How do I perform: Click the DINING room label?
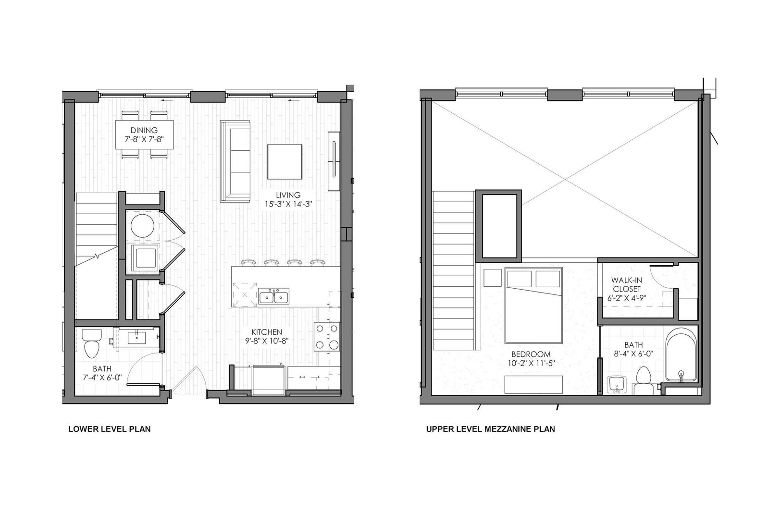coord(144,131)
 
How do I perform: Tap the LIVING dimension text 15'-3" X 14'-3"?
coord(288,204)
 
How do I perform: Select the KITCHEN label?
coord(267,332)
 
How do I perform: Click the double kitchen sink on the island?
coord(273,296)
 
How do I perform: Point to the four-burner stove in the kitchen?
coord(327,336)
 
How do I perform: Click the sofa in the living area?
coord(235,161)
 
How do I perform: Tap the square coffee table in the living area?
coord(285,162)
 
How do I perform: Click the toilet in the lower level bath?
coord(92,343)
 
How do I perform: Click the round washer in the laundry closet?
coord(142,225)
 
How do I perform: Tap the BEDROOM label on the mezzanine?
coord(531,354)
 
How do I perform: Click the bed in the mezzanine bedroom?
coord(533,305)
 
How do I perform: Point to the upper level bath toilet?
coord(644,380)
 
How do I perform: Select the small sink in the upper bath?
coord(617,385)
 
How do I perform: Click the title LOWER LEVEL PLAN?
coord(110,429)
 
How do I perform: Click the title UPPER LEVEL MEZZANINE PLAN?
coord(491,429)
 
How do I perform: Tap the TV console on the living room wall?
coord(334,161)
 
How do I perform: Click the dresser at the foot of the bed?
coord(533,384)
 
